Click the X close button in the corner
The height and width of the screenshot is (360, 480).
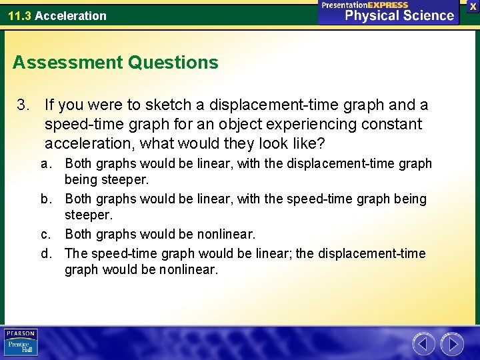click(473, 5)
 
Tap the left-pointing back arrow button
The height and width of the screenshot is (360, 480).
click(423, 344)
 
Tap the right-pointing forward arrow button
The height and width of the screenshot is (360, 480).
click(452, 344)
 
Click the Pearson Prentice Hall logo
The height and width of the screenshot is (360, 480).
click(21, 342)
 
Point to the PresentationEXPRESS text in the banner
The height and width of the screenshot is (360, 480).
click(365, 5)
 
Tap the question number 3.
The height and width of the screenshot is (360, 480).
click(24, 105)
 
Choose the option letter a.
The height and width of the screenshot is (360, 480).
click(45, 164)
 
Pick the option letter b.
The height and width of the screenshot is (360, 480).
click(45, 199)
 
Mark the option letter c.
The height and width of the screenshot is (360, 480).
click(45, 234)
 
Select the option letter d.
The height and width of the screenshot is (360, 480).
click(45, 253)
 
